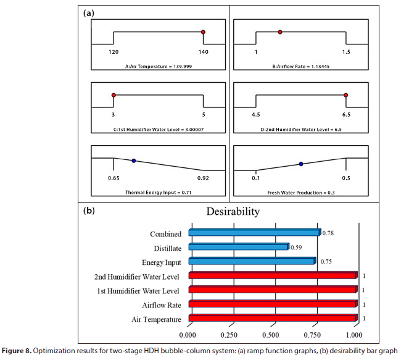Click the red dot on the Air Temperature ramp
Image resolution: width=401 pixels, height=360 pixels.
point(202,31)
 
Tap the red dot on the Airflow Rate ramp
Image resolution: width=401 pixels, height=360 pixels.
point(280,31)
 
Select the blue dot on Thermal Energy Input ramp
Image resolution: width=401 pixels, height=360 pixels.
point(133,161)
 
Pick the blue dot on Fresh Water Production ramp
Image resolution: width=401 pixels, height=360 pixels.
point(301,164)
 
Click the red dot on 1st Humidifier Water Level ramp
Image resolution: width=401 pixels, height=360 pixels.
point(114,95)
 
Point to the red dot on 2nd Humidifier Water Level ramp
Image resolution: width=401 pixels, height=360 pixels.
point(346,95)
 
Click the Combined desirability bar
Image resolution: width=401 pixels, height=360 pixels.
point(254,233)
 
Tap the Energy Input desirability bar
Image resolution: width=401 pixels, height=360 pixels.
point(252,261)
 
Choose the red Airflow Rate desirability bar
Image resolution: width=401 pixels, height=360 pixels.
point(272,304)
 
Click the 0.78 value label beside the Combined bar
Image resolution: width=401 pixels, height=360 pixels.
point(329,233)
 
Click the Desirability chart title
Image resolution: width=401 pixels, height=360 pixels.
point(232,212)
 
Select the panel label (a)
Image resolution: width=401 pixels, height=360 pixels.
point(89,12)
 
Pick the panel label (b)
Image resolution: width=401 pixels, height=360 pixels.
point(89,211)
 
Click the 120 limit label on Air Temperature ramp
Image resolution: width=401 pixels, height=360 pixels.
point(114,52)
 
